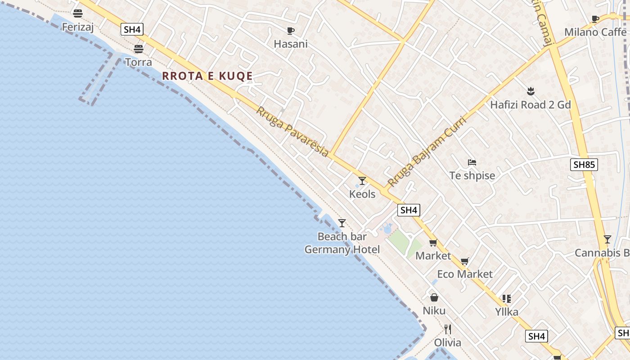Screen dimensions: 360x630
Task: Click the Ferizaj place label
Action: click(77, 27)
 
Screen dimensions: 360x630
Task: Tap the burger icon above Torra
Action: click(139, 49)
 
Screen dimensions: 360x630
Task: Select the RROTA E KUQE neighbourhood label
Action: click(207, 76)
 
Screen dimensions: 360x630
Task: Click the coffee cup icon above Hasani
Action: click(291, 31)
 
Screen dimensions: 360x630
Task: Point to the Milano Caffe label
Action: click(595, 32)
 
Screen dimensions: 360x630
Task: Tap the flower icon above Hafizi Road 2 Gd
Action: click(531, 92)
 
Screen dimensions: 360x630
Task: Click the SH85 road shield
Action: click(584, 165)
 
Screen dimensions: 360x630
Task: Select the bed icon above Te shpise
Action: click(472, 162)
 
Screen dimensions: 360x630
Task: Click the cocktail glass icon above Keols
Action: click(362, 181)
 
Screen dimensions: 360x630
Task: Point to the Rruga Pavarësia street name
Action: click(292, 131)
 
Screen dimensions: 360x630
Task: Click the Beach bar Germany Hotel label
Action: click(342, 243)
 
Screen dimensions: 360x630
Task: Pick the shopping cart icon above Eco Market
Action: click(465, 261)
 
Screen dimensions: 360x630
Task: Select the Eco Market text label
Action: click(465, 274)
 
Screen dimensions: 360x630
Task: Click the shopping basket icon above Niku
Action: click(434, 297)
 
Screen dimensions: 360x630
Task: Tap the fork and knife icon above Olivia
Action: click(447, 329)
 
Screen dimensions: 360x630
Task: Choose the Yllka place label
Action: click(507, 312)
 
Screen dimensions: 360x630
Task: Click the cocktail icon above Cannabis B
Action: click(607, 239)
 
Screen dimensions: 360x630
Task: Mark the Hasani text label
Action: click(291, 44)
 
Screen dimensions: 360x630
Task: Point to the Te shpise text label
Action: click(472, 175)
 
